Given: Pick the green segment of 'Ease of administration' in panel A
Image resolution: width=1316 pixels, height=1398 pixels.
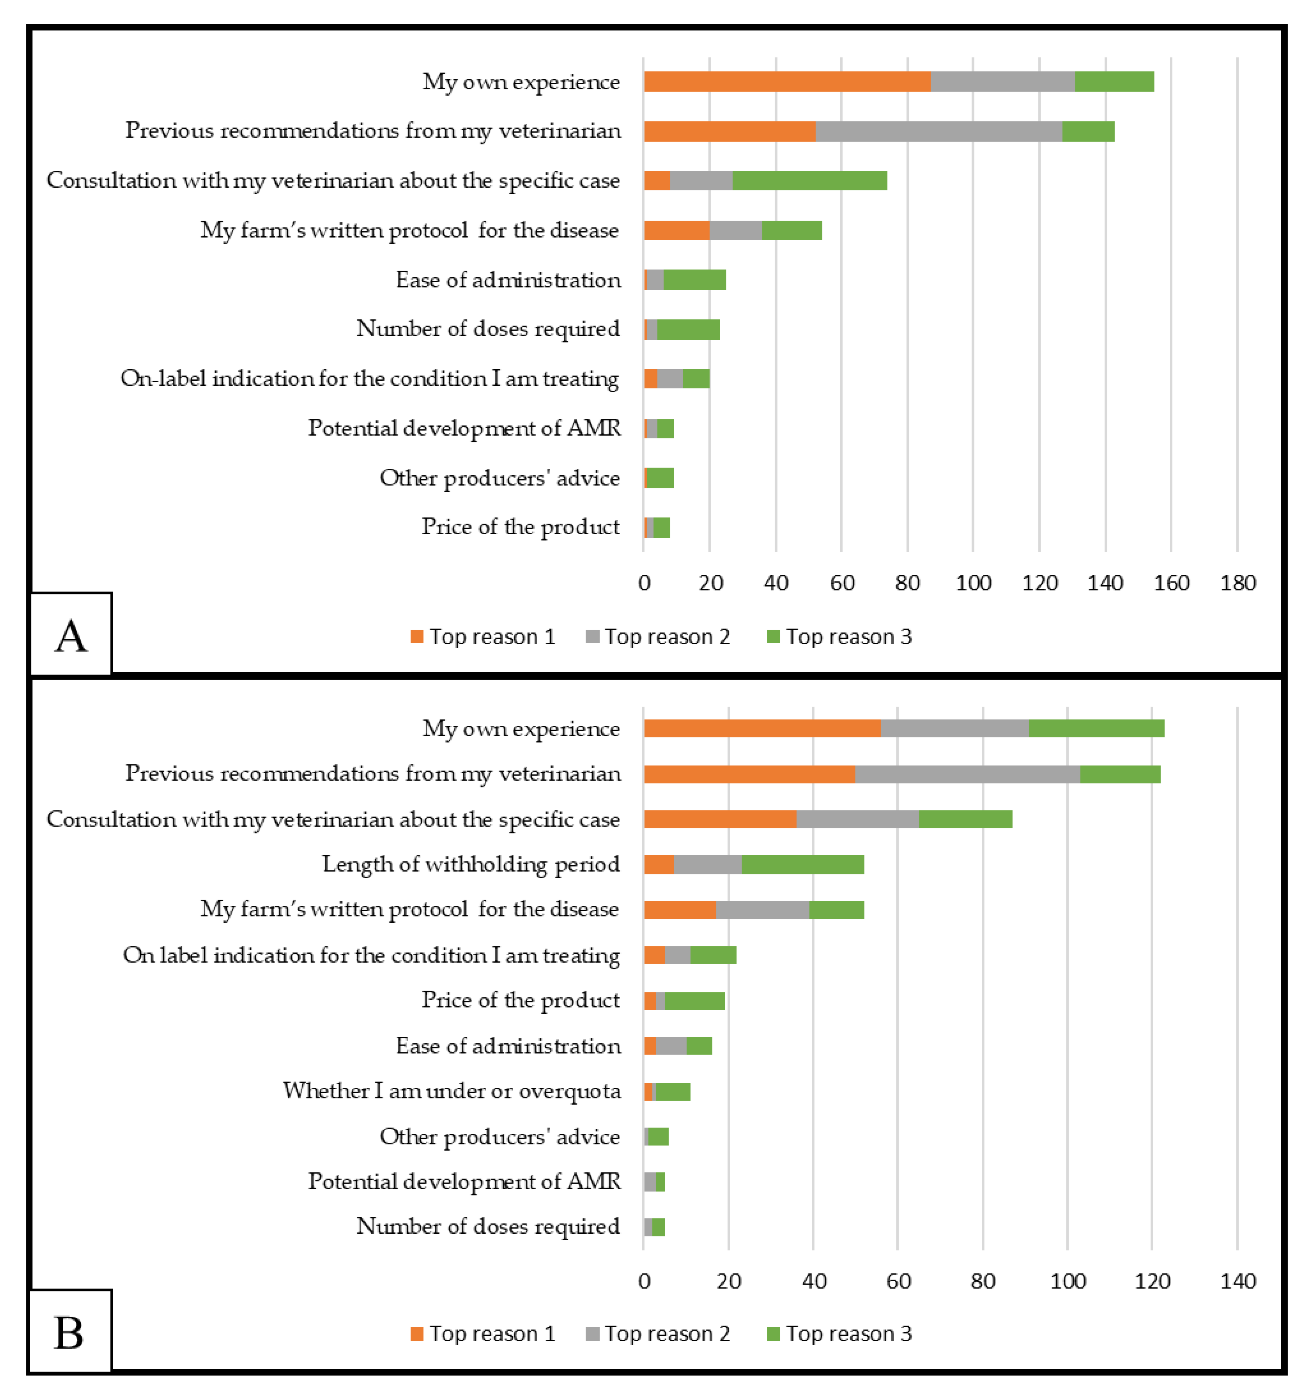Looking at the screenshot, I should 695,280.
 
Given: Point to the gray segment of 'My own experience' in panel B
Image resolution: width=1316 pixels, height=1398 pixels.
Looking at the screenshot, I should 955,728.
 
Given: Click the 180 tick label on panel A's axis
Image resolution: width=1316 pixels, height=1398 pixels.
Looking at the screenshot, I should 1237,583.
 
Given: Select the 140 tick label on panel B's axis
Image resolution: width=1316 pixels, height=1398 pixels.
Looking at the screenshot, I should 1237,1281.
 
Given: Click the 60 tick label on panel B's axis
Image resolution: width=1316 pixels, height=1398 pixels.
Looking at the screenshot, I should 898,1281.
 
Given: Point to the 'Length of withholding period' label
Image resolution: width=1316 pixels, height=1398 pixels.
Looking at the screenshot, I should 471,864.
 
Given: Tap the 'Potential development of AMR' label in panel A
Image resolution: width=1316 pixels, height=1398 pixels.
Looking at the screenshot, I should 464,428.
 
